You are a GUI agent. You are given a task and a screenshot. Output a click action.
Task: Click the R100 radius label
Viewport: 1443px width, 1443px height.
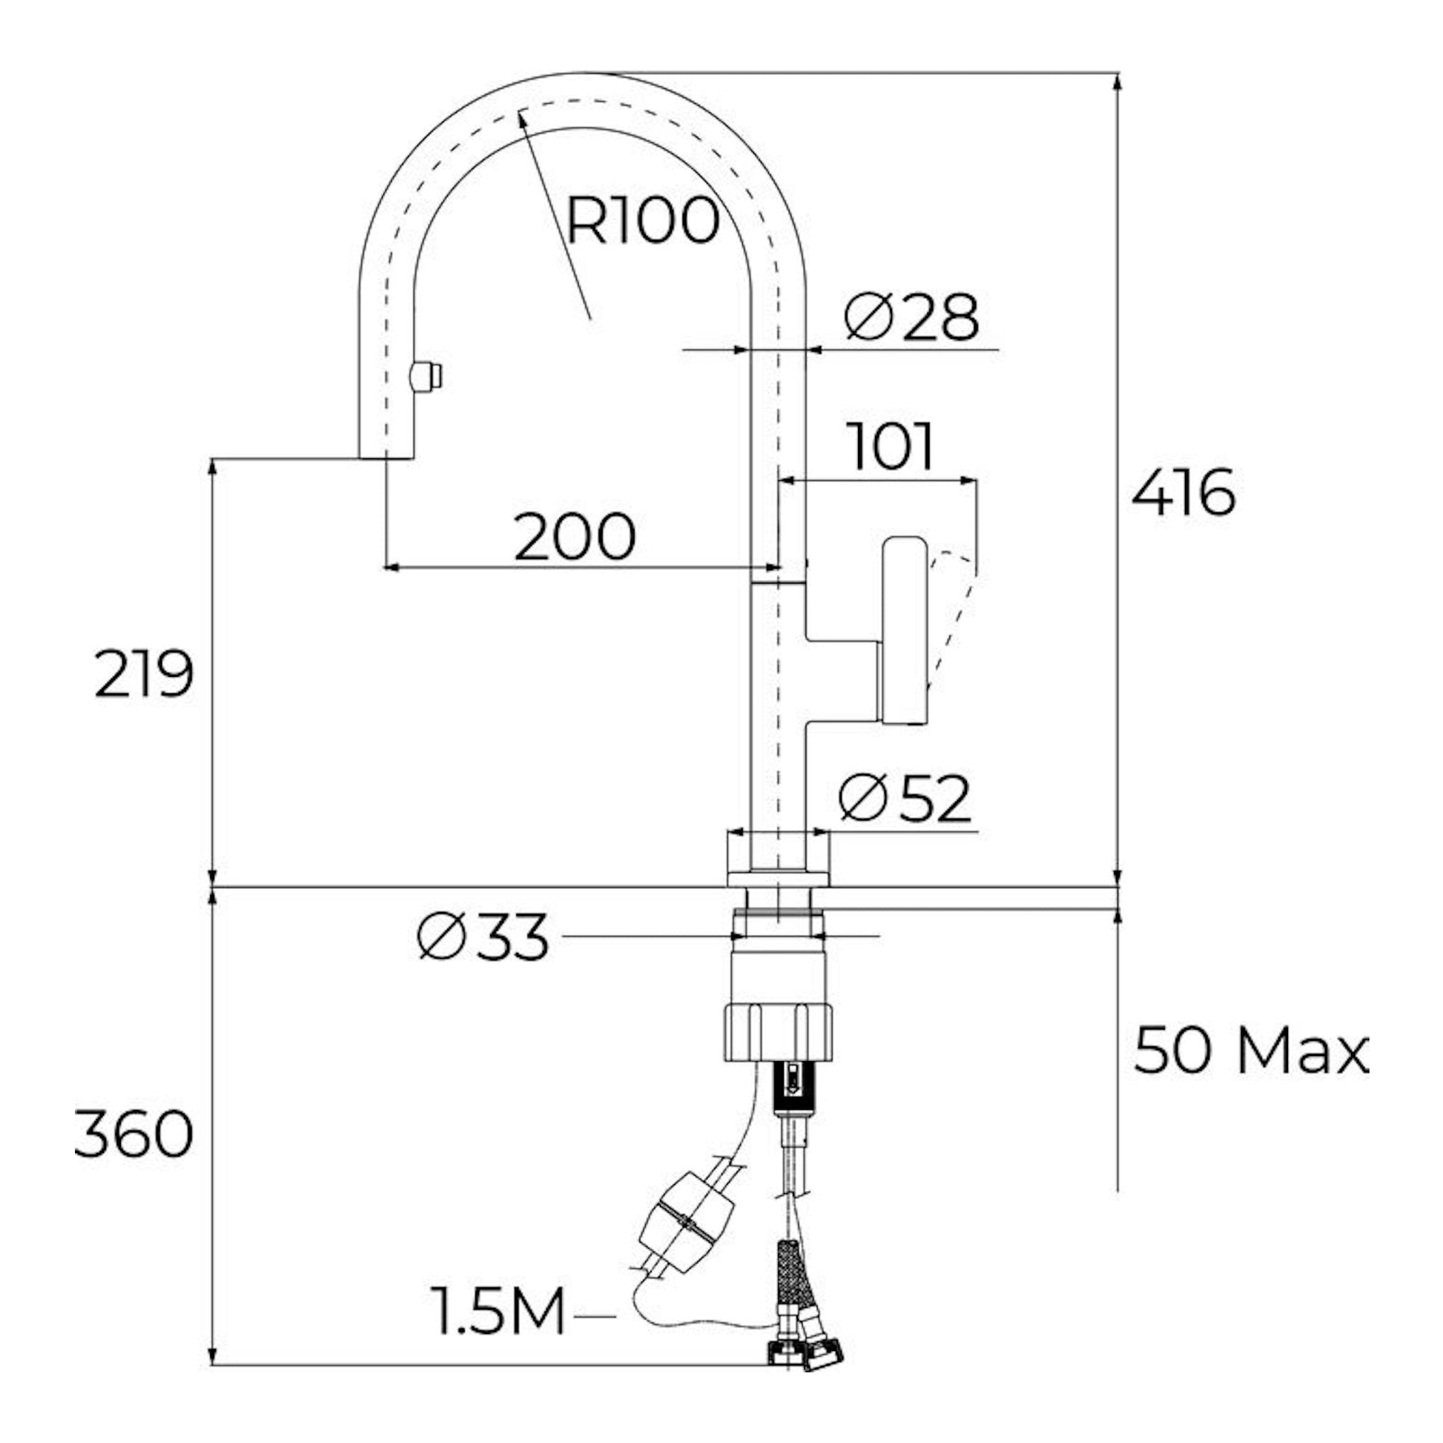[643, 221]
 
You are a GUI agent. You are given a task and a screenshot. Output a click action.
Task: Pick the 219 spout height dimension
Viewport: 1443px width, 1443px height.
[145, 674]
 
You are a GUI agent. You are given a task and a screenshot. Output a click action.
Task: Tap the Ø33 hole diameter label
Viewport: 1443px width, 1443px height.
[483, 937]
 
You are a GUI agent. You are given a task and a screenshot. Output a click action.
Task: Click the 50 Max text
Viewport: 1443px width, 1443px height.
[1252, 1052]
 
